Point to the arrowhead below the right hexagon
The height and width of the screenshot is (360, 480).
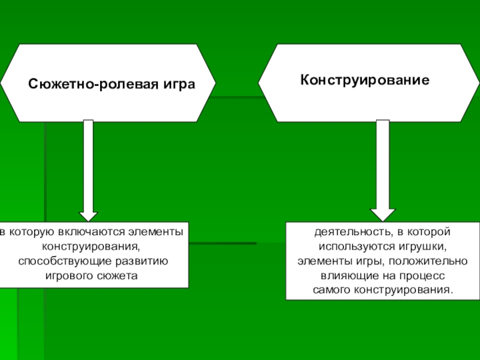382,214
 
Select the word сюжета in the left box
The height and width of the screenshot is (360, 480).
116,276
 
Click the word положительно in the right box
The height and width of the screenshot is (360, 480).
435,261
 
